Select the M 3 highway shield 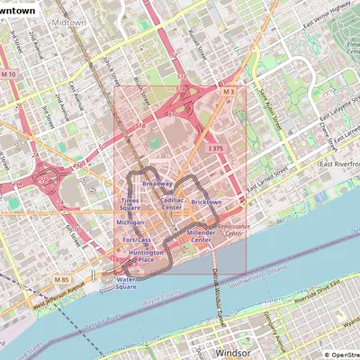[229, 92]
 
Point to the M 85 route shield [60, 281]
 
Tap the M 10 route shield [9, 74]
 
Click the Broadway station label [157, 184]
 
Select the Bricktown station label [206, 202]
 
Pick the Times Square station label [130, 204]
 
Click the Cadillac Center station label [172, 203]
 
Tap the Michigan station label [130, 221]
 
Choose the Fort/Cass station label [137, 240]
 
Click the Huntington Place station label [146, 256]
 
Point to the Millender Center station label [200, 237]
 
